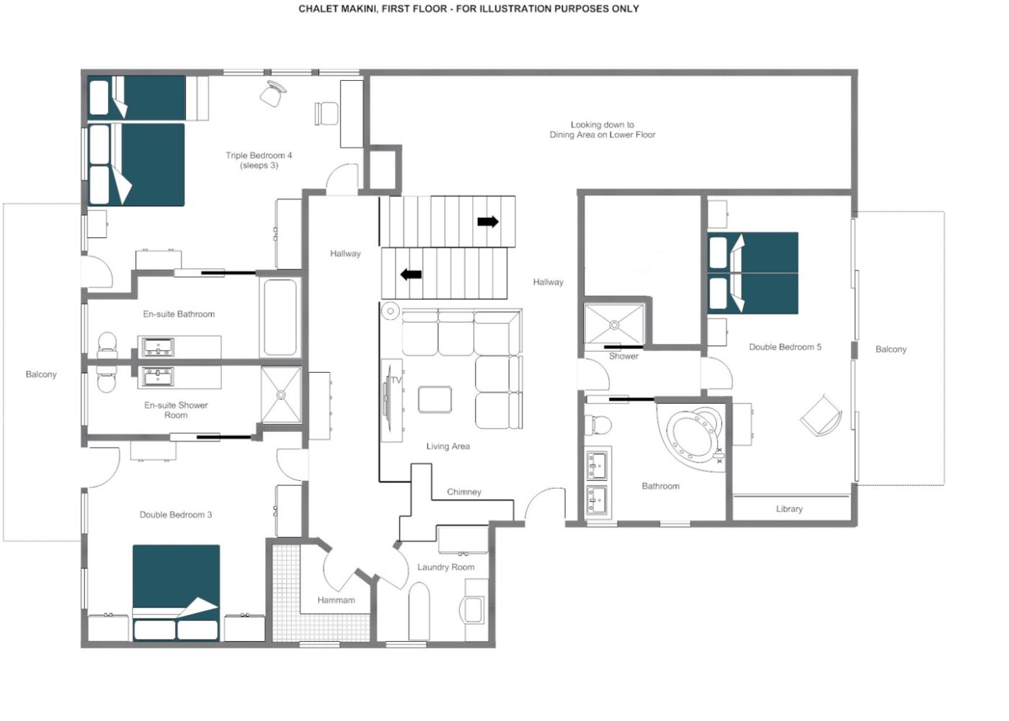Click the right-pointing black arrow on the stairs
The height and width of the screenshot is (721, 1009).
click(x=488, y=221)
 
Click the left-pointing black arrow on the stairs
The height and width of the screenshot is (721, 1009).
click(x=411, y=274)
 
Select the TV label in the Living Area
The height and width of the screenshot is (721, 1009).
click(x=396, y=381)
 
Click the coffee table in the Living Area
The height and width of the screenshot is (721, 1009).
click(x=435, y=399)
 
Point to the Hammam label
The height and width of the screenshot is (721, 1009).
click(x=336, y=600)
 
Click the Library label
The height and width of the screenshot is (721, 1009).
click(x=789, y=509)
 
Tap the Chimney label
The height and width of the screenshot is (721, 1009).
click(x=464, y=492)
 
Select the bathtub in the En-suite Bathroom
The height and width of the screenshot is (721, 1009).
click(x=280, y=317)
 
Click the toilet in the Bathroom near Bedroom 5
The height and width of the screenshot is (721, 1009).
click(x=597, y=425)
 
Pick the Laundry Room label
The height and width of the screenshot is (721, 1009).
click(x=446, y=567)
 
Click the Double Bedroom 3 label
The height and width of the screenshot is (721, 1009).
click(x=176, y=515)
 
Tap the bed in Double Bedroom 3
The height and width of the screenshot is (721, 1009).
click(x=176, y=592)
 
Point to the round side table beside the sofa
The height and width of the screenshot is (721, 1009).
click(x=390, y=311)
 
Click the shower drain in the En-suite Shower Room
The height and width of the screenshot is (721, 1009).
click(x=281, y=395)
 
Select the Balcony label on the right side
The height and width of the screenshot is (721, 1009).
click(x=891, y=349)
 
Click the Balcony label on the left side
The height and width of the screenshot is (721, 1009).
click(x=41, y=374)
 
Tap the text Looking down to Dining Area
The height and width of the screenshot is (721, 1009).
click(x=603, y=129)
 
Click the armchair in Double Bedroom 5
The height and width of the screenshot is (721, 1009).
click(x=821, y=415)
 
